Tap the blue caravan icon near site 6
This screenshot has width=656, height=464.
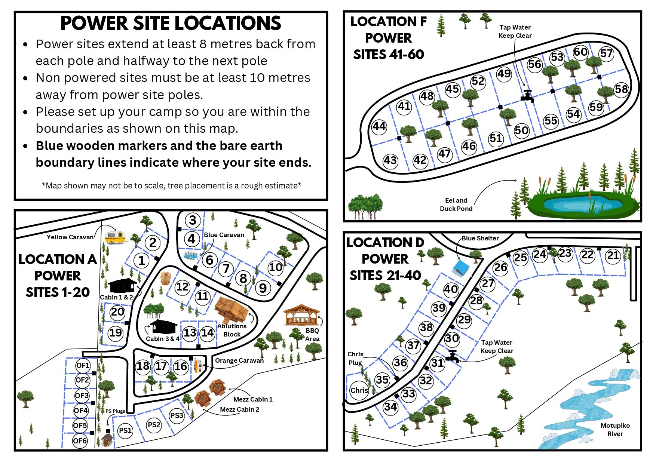[x=191, y=255]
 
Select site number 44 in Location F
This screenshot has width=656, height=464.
[x=379, y=126]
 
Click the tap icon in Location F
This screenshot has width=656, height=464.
[x=527, y=96]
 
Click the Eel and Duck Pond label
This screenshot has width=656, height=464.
[x=456, y=205]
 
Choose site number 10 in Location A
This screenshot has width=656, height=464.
[x=276, y=267]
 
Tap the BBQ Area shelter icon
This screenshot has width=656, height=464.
[x=301, y=315]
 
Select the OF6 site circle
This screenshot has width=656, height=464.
[x=80, y=441]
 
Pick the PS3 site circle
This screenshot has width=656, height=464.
[x=177, y=415]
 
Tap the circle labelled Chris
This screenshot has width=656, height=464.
[x=359, y=390]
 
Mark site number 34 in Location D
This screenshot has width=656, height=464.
[x=390, y=406]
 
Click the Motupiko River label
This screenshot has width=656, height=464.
[x=615, y=430]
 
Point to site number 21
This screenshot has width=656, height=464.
[x=613, y=256]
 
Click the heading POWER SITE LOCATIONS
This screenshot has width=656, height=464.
[x=171, y=23]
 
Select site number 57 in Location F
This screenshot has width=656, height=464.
[x=606, y=53]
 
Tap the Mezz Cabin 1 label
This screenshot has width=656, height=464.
[x=253, y=399]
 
